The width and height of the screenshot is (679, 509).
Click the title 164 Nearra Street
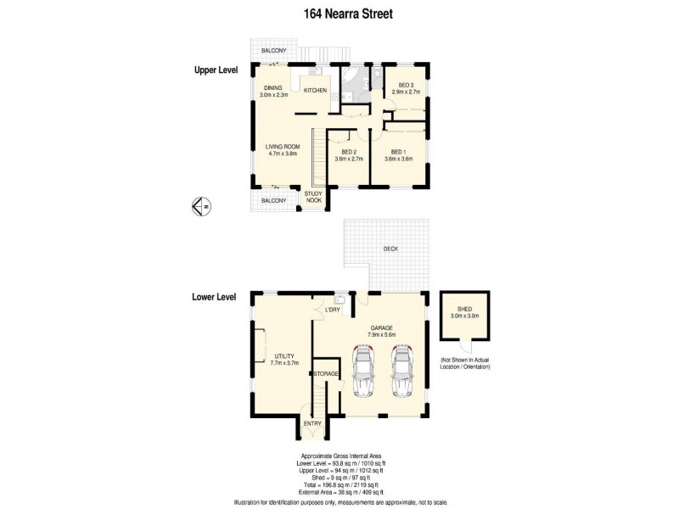click(x=339, y=14)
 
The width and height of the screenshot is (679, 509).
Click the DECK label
click(x=390, y=249)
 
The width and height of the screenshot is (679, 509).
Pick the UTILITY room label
click(x=281, y=358)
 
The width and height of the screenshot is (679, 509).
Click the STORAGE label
click(x=327, y=373)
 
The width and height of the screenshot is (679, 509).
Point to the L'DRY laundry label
click(x=333, y=310)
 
